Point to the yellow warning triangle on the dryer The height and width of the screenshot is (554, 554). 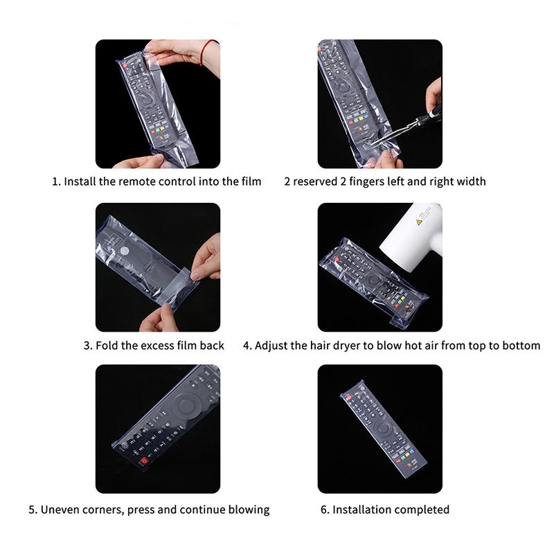coord(419,222)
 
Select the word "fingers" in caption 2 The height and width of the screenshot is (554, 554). coord(366,181)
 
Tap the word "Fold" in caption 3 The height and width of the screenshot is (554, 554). coord(107,345)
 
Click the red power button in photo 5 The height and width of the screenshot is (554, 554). coord(143,461)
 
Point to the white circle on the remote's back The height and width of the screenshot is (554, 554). coord(124,251)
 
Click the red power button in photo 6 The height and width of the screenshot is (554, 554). coord(350,397)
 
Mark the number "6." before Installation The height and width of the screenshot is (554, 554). coord(325,510)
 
